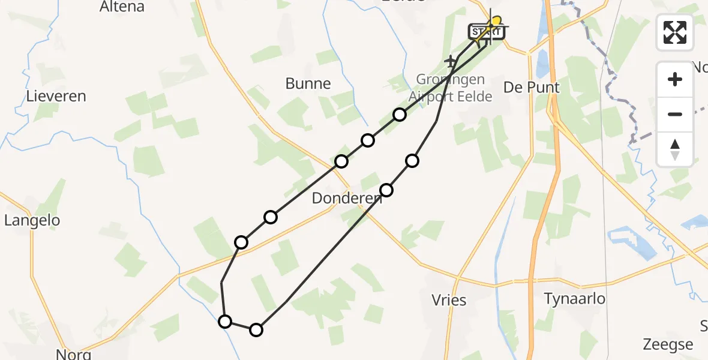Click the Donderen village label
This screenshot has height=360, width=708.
(346, 198)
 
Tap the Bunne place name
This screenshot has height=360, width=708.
(308, 83)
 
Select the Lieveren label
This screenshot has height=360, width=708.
(56, 96)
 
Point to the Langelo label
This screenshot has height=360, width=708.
(32, 220)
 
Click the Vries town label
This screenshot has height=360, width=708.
(449, 299)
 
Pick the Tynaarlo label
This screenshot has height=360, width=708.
(574, 298)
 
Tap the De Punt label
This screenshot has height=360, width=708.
(531, 88)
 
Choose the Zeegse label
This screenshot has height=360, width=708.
(668, 344)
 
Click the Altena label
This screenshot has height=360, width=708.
(122, 7)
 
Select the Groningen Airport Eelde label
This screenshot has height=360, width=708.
(450, 88)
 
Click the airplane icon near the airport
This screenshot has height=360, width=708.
(451, 61)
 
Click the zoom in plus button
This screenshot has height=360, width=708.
(675, 79)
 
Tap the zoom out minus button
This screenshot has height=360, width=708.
(675, 114)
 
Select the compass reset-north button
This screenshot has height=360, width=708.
(675, 149)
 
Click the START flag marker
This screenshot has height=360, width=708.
(486, 32)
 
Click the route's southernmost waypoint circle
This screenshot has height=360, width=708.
(256, 329)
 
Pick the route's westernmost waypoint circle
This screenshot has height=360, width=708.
(225, 322)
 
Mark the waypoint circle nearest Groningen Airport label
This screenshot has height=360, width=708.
(400, 115)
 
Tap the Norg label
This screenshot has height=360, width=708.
(73, 353)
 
